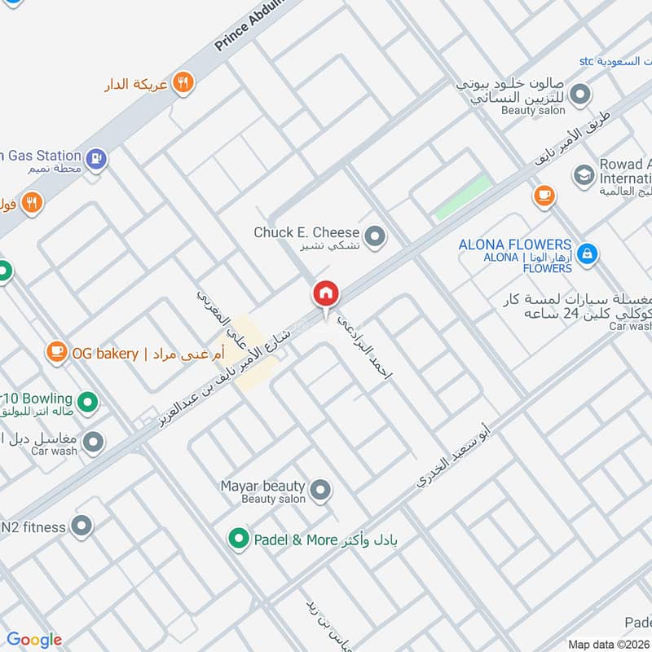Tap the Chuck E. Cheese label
tap(306, 233)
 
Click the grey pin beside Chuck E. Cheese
tap(374, 237)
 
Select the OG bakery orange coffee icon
tap(55, 352)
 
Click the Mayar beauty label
tap(262, 487)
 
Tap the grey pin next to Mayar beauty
tap(320, 490)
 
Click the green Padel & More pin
tap(238, 539)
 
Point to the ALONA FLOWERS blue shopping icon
tap(586, 254)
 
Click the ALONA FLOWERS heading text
tap(514, 244)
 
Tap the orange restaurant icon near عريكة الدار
tap(183, 82)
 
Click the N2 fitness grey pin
tap(81, 526)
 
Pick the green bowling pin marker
tap(87, 401)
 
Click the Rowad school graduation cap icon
tap(583, 174)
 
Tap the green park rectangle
tap(463, 198)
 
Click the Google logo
tap(34, 640)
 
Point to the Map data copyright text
tap(608, 644)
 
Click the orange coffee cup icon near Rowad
tap(544, 196)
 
